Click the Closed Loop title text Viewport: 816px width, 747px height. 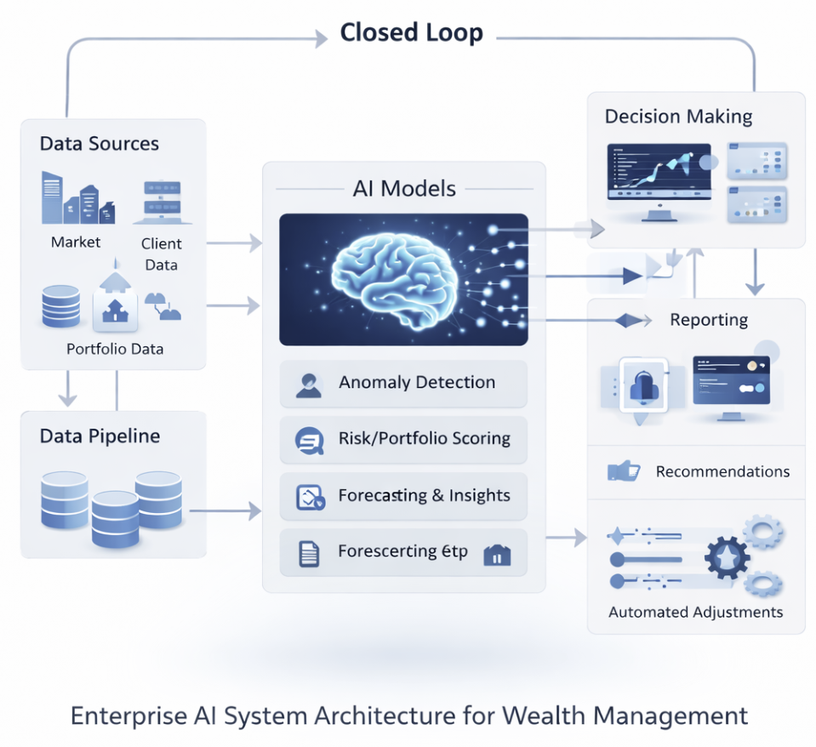[411, 33]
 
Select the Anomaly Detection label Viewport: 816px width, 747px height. [416, 383]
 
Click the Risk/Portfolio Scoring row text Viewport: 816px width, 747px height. [424, 439]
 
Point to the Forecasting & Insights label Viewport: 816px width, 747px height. [424, 495]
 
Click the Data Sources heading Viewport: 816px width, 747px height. [99, 143]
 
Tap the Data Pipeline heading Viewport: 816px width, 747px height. [100, 436]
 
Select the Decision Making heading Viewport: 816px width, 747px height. [678, 116]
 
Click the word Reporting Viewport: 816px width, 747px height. [709, 320]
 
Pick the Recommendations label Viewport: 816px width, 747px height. [722, 471]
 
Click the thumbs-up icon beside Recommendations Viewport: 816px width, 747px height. [624, 470]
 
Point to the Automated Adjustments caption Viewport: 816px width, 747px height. [695, 612]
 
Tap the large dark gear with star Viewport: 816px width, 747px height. [728, 557]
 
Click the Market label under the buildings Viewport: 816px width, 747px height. [76, 242]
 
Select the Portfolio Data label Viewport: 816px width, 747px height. [115, 349]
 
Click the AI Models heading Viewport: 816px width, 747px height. [404, 188]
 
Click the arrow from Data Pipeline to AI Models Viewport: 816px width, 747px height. [225, 511]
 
